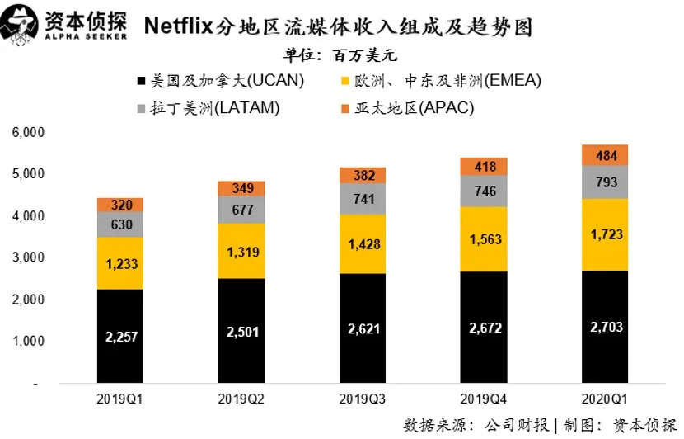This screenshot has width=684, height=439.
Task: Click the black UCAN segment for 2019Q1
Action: (x=120, y=336)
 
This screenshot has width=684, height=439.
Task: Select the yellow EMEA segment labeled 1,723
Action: (x=606, y=234)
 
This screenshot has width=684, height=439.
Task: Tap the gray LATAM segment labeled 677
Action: (x=241, y=210)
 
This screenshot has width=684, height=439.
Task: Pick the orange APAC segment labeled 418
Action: (x=484, y=167)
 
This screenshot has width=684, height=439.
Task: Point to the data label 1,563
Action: (x=484, y=240)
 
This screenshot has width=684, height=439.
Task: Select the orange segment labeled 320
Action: (x=120, y=205)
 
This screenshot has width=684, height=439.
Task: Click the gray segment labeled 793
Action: (x=606, y=182)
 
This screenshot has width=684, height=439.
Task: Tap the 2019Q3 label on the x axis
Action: (x=363, y=399)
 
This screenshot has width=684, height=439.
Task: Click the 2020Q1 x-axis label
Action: (x=606, y=399)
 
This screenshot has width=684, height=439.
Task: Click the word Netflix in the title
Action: (x=179, y=26)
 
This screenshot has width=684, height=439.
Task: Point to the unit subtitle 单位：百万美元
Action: (x=340, y=56)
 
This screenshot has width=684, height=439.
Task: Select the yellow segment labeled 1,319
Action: (x=241, y=251)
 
